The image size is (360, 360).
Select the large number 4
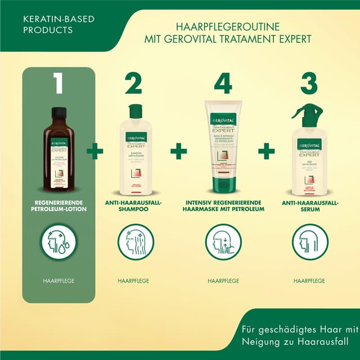point(223,84)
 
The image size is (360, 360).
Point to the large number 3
point(309,84)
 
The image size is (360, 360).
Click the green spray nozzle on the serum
point(304,112)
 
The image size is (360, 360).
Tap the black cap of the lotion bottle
point(59,111)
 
